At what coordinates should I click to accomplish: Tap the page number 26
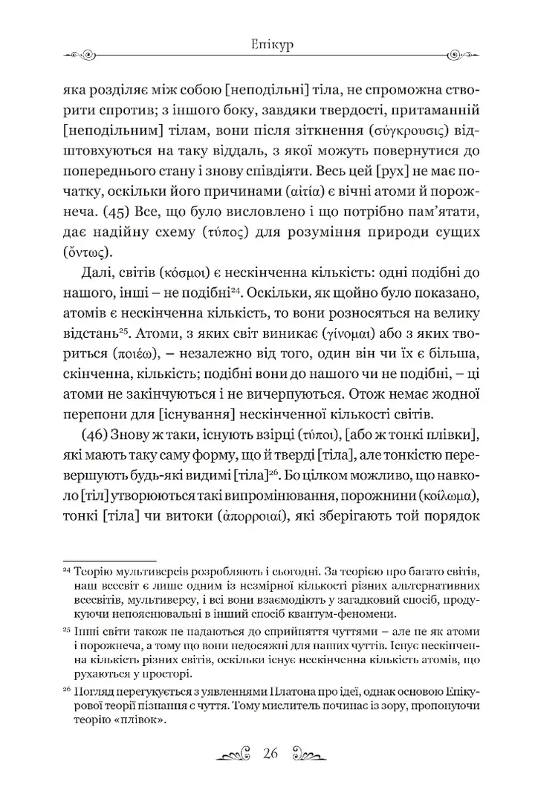269,755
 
